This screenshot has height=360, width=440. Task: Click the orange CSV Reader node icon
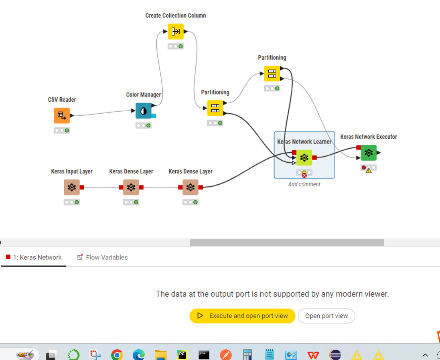[x=62, y=116]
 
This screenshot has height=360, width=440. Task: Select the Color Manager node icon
[x=143, y=111]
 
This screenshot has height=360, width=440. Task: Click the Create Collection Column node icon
[x=175, y=32]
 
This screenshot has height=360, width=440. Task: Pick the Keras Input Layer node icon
[x=72, y=188]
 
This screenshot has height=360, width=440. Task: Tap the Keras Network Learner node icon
[x=304, y=157]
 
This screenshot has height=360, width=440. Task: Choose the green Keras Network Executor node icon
[x=368, y=153]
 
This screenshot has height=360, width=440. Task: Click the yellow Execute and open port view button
[x=242, y=316]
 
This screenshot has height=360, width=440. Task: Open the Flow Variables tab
[x=102, y=257]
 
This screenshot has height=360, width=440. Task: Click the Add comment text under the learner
[x=304, y=184]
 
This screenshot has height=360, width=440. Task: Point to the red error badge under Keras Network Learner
[x=304, y=175]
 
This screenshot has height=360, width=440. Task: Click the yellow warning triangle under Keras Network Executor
[x=369, y=171]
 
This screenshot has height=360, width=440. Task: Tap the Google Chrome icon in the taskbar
[x=117, y=354]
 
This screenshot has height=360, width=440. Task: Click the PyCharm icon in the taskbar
[x=182, y=354]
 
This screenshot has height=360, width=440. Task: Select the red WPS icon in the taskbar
[x=313, y=354]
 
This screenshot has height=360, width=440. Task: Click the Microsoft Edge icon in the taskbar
[x=138, y=354]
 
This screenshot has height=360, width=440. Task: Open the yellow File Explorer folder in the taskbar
[x=160, y=354]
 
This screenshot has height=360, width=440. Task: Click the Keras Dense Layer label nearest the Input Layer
[x=131, y=171]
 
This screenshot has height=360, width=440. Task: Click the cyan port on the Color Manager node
[x=154, y=116]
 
